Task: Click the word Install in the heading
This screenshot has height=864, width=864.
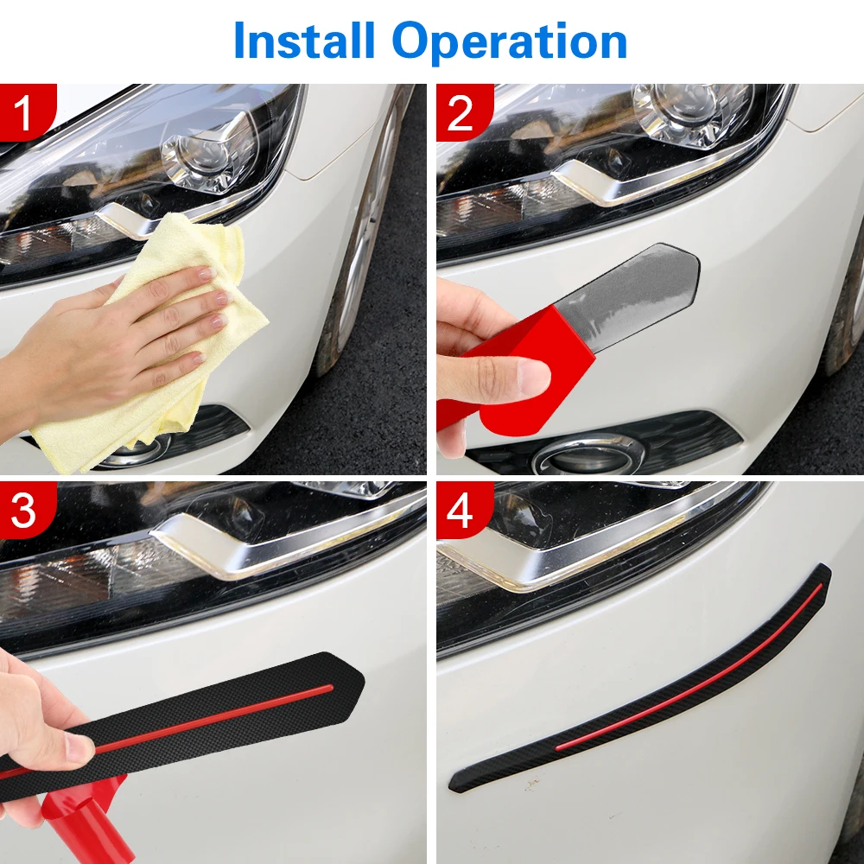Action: [304, 41]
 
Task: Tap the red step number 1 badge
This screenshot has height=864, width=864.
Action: [27, 111]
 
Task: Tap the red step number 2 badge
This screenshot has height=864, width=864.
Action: [464, 111]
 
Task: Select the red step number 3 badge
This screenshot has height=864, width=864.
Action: [27, 510]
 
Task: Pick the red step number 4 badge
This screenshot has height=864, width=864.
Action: [464, 510]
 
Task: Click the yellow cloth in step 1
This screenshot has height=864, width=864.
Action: [165, 341]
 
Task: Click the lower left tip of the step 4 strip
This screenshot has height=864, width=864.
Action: [452, 789]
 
